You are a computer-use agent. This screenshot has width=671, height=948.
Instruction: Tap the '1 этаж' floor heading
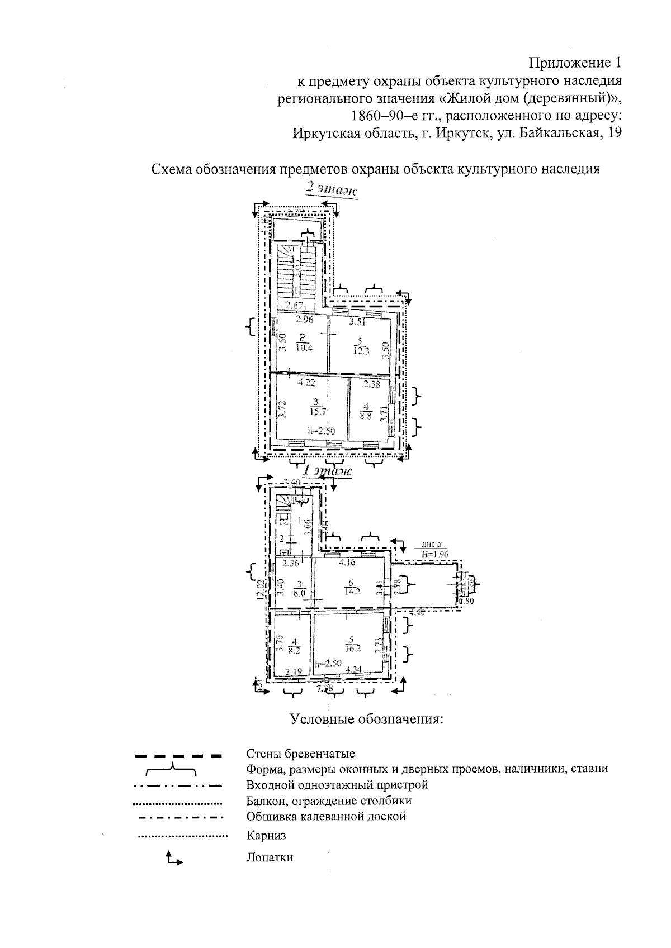327,471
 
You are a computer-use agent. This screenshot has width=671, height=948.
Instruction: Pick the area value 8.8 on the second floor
367,416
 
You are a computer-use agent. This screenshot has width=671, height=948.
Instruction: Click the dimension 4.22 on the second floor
306,383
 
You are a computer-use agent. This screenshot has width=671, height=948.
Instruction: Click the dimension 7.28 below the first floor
325,688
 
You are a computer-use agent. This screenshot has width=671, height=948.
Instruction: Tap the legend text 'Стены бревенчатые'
301,754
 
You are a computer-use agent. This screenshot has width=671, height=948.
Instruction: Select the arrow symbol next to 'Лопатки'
173,859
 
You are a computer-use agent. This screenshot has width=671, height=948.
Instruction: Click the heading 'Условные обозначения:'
366,718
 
